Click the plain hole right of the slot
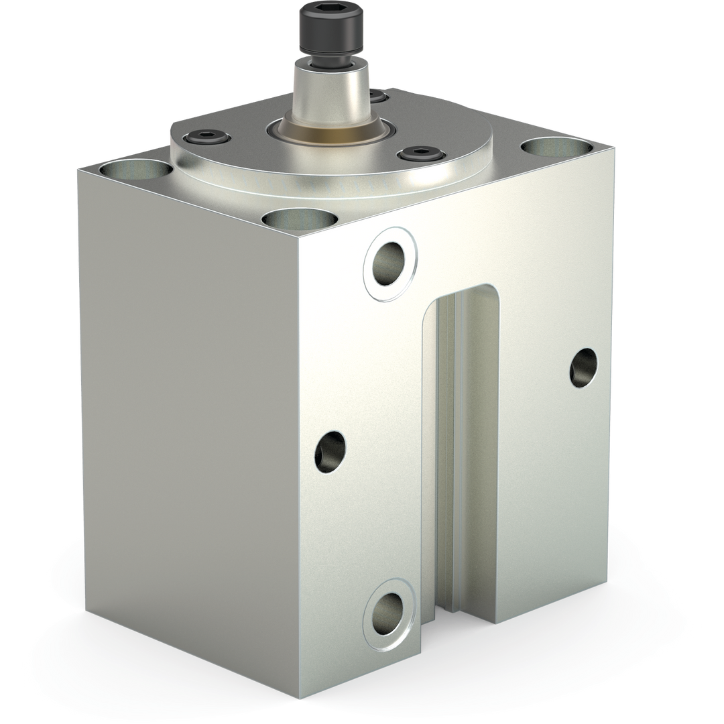coord(583,367)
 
